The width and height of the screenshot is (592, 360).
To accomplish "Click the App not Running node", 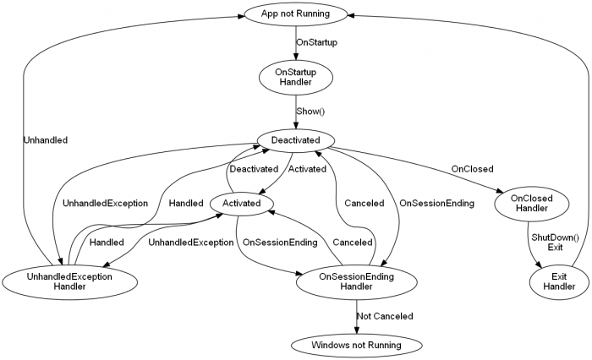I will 296,14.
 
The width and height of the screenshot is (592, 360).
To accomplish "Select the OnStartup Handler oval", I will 296,77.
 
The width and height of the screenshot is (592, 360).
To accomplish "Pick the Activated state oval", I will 247,203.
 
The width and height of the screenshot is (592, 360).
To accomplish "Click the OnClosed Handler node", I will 534,203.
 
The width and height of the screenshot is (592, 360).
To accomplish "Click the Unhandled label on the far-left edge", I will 46,141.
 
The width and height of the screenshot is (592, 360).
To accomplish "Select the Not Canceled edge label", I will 385,315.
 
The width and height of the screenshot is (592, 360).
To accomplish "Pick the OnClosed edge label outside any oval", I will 472,168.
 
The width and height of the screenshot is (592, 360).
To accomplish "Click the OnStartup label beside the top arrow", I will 316,41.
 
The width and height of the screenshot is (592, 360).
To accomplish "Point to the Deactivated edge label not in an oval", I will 254,169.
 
